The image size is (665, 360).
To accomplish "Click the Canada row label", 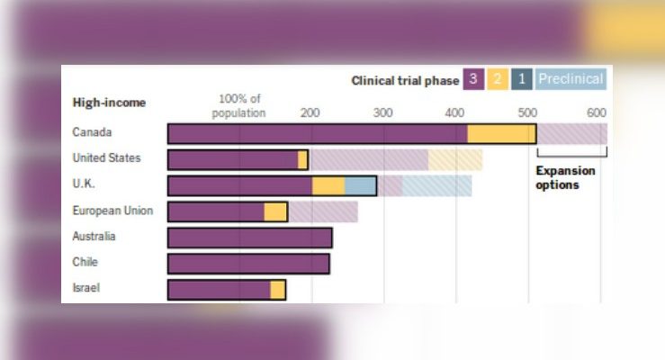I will pyautogui.click(x=92, y=133).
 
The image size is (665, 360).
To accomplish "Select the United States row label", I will pyautogui.click(x=106, y=158).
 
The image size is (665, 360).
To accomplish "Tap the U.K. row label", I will pyautogui.click(x=86, y=184).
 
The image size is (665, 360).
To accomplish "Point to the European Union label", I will pyautogui.click(x=112, y=211).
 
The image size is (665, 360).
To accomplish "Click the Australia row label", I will pyautogui.click(x=94, y=237).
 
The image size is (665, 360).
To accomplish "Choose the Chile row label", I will pyautogui.click(x=85, y=262).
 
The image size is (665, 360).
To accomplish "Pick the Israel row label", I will pyautogui.click(x=85, y=288).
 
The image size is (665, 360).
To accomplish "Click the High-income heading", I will pyautogui.click(x=109, y=103).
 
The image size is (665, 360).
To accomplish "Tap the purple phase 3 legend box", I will pyautogui.click(x=473, y=79).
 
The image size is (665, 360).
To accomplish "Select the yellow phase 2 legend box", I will pyautogui.click(x=498, y=79).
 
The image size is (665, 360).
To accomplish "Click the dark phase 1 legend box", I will pyautogui.click(x=522, y=79).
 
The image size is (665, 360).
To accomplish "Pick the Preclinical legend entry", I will pyautogui.click(x=571, y=79).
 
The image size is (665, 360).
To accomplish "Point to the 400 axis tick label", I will pyautogui.click(x=454, y=112).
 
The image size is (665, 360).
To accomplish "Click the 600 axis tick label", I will pyautogui.click(x=596, y=112).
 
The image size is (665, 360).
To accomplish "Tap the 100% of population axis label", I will pyautogui.click(x=238, y=106).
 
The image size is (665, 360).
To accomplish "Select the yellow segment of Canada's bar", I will pyautogui.click(x=501, y=133).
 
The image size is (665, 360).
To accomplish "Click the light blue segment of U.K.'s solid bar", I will pyautogui.click(x=360, y=185).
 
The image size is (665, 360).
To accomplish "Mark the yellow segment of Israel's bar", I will pyautogui.click(x=277, y=289).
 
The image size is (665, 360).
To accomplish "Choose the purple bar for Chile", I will pyautogui.click(x=248, y=263).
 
